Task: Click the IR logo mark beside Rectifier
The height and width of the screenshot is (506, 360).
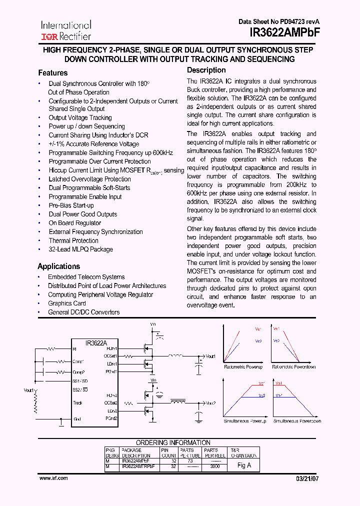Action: coord(49,36)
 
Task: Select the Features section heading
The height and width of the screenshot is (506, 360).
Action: coord(52,73)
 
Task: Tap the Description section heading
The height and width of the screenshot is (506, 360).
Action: coord(206,70)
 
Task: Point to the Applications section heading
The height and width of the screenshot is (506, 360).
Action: coord(58,266)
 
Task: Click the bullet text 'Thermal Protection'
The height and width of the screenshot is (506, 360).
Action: coord(73,240)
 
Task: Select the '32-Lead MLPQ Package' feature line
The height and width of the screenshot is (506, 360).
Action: coord(80,249)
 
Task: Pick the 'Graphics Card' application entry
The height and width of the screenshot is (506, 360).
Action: coord(66,303)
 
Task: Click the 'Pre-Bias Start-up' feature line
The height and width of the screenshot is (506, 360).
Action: coord(71,205)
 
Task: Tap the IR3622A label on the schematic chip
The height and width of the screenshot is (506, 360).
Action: coord(96,343)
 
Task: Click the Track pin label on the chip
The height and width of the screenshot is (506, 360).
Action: coord(77,402)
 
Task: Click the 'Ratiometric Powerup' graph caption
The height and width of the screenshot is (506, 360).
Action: coord(243,367)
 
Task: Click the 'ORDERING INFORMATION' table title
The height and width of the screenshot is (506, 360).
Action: coord(173,442)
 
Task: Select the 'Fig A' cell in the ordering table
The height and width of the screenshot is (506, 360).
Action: coord(244,465)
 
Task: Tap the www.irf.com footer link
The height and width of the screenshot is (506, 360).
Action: coord(53,478)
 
